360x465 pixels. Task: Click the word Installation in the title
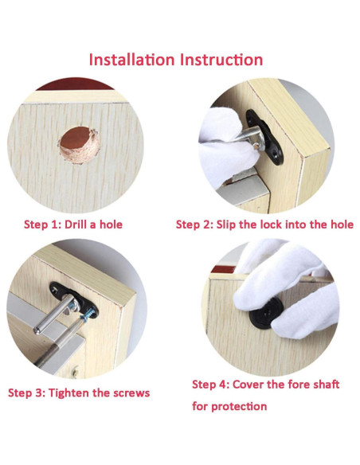point(131,60)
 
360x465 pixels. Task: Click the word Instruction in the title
point(221,60)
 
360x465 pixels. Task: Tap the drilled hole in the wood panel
point(79,145)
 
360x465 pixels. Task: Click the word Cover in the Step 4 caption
point(248,385)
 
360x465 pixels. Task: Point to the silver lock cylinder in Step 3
point(56,314)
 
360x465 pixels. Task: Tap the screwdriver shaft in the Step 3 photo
point(59,344)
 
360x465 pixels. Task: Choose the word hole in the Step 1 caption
point(111,225)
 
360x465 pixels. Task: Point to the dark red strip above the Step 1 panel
point(76,84)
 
